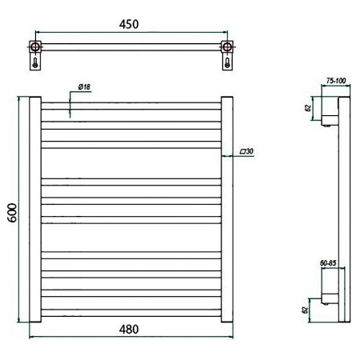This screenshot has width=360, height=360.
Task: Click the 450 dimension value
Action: click(x=129, y=24)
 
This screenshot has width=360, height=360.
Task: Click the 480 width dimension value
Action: click(x=129, y=330)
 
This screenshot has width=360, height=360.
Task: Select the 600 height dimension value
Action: click(x=12, y=213)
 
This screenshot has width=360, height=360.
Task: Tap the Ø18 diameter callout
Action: click(x=84, y=87)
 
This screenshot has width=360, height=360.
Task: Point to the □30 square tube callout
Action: click(x=246, y=151)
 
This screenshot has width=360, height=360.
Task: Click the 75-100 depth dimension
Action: click(x=336, y=81)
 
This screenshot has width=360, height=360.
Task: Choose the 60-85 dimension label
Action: click(x=328, y=263)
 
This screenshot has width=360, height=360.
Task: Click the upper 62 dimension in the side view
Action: click(x=308, y=108)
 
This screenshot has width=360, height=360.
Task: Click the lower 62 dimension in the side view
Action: click(x=305, y=310)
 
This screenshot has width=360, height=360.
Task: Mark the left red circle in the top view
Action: click(x=35, y=47)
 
